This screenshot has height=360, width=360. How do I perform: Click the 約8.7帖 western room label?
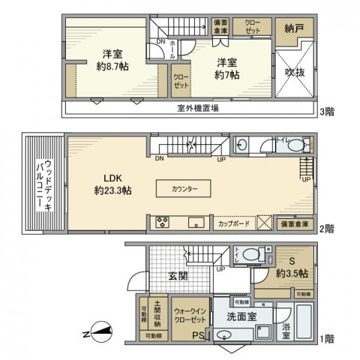pyautogui.click(x=112, y=58)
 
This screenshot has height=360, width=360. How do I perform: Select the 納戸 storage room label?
pyautogui.click(x=294, y=28)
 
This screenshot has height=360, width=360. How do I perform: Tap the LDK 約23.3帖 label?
pyautogui.click(x=112, y=184)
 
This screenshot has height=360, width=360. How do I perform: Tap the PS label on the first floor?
pyautogui.click(x=198, y=335)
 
